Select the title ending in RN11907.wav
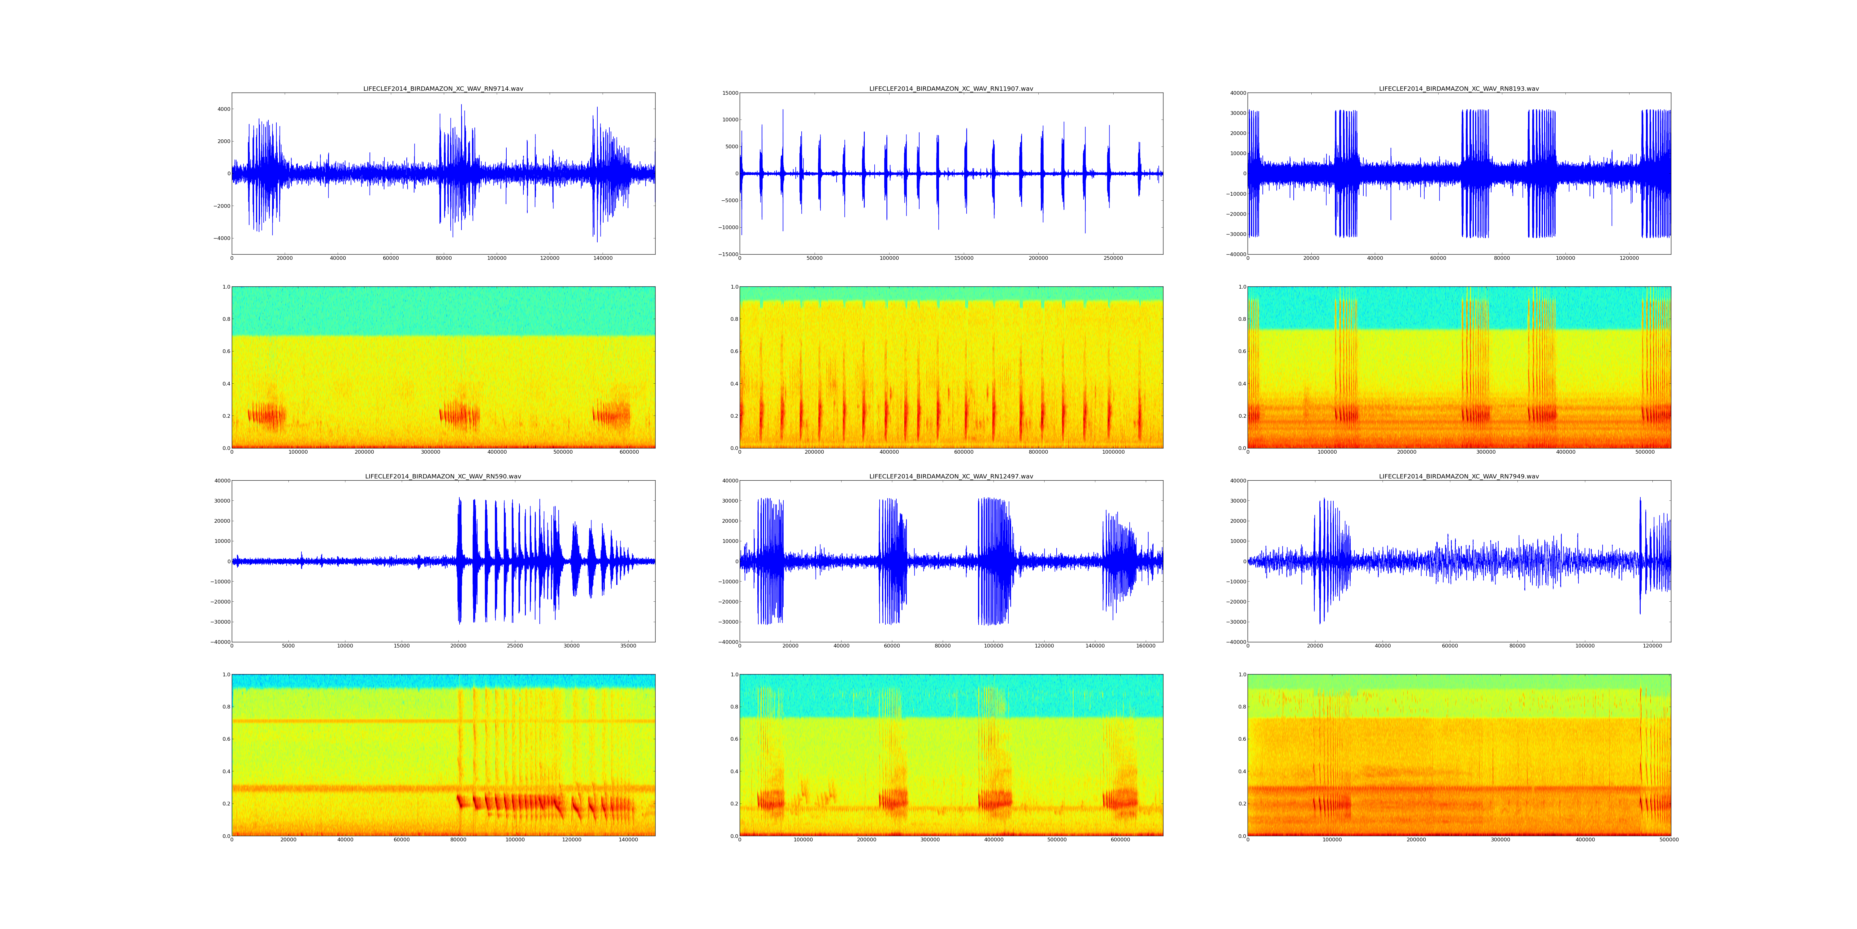(x=951, y=89)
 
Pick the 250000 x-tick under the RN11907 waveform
(x=1113, y=258)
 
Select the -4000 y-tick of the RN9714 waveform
(x=221, y=238)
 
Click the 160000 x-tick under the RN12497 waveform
(x=1145, y=646)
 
